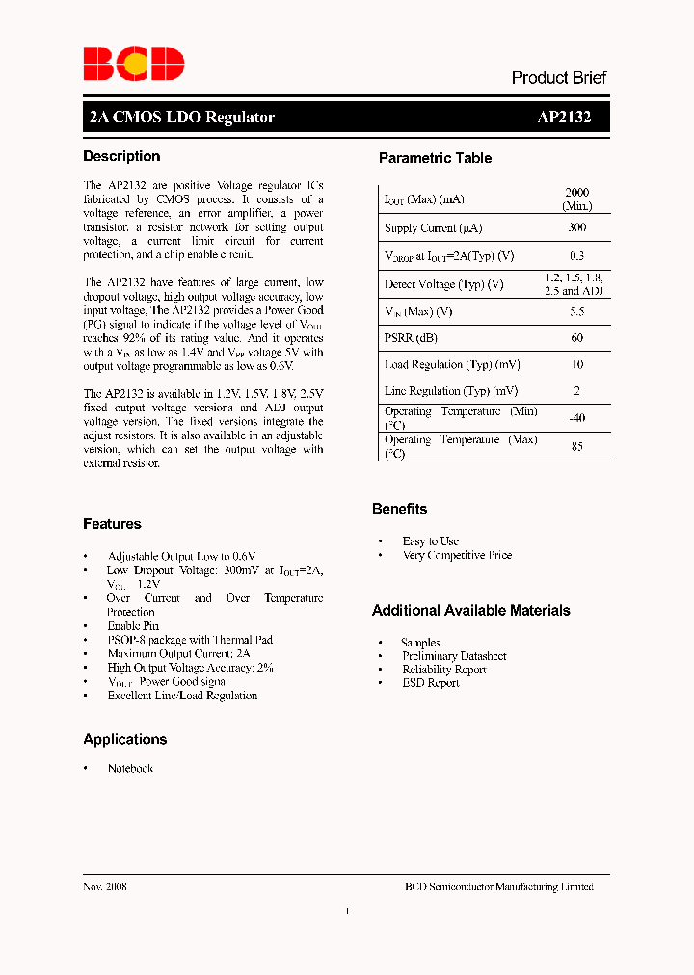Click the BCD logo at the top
tap(133, 64)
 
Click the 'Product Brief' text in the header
tap(559, 78)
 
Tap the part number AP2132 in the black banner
tap(564, 118)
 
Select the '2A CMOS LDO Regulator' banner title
tap(181, 118)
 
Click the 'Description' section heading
tap(121, 156)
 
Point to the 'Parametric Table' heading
tap(435, 158)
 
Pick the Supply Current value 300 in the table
tap(576, 228)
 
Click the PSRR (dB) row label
tap(412, 338)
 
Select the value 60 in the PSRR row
tap(576, 338)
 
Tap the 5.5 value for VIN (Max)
tap(576, 311)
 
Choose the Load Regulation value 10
tap(576, 364)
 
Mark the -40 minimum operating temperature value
tap(576, 418)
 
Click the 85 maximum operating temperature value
tap(576, 446)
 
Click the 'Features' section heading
tap(112, 524)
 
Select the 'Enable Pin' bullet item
tap(133, 626)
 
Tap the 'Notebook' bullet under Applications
tap(130, 768)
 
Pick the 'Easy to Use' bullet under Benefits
tap(430, 541)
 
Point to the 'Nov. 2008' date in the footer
tap(105, 886)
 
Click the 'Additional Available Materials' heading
tap(470, 611)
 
